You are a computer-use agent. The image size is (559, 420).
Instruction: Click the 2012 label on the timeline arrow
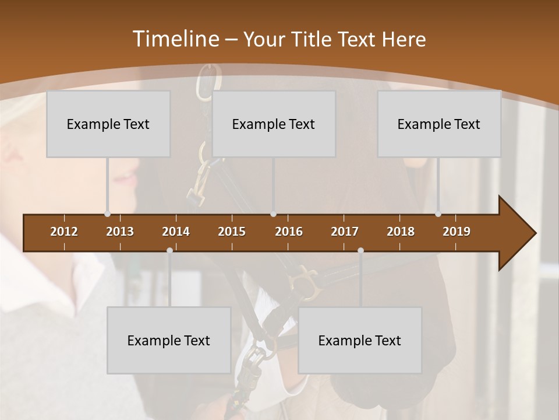click(x=64, y=232)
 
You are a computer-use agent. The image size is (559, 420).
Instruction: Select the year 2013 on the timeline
click(x=120, y=232)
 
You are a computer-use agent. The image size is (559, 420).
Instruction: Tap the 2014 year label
click(x=176, y=232)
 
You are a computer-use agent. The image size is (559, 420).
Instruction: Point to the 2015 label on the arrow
click(x=232, y=232)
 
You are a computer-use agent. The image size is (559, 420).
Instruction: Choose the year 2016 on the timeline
click(x=289, y=232)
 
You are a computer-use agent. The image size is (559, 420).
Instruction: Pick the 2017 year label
click(x=345, y=232)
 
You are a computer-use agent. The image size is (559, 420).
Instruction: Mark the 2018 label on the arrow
click(x=401, y=232)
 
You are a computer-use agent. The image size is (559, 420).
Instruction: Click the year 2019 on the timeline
click(x=457, y=232)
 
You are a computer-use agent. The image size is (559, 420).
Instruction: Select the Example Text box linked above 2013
click(x=108, y=124)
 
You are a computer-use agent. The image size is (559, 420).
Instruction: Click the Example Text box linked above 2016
click(x=274, y=124)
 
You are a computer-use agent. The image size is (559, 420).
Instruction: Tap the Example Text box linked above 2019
click(x=439, y=124)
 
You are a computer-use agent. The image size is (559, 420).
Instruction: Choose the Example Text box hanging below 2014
click(x=169, y=340)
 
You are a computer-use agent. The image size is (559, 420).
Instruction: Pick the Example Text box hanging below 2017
click(x=360, y=340)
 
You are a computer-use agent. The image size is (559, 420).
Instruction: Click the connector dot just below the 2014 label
click(x=169, y=250)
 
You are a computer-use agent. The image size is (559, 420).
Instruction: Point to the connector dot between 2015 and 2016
click(x=273, y=213)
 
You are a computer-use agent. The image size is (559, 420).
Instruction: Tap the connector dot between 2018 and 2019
click(x=438, y=213)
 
